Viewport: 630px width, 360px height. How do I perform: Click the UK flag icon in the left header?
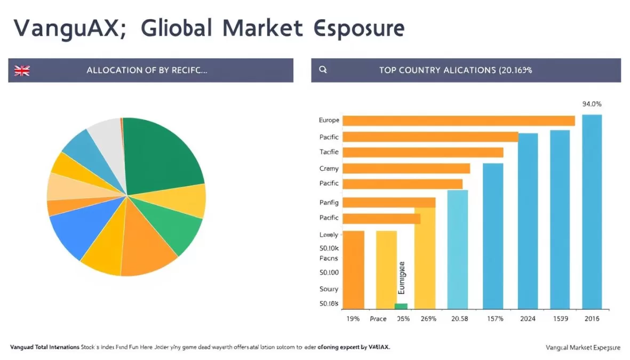pos(22,70)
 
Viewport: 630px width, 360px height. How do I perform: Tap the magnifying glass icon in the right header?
pos(322,70)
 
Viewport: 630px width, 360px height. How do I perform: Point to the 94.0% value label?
pos(592,105)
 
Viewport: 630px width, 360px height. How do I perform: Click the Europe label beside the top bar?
pos(329,121)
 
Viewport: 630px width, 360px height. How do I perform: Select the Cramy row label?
pos(329,169)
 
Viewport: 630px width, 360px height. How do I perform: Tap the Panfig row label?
pos(329,202)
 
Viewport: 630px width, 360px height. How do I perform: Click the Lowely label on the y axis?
pos(329,235)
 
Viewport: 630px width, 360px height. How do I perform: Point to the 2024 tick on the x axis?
pos(528,318)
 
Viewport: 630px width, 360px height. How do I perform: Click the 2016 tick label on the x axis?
pos(592,318)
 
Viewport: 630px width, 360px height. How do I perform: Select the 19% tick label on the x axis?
pos(352,318)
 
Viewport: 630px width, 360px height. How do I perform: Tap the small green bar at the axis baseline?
pos(401,306)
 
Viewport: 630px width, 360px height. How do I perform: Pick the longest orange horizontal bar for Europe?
pos(459,121)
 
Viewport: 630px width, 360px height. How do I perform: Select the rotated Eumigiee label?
pos(402,278)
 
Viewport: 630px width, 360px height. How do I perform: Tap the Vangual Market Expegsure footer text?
pos(583,347)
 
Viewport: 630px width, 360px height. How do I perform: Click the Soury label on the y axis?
pos(329,289)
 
